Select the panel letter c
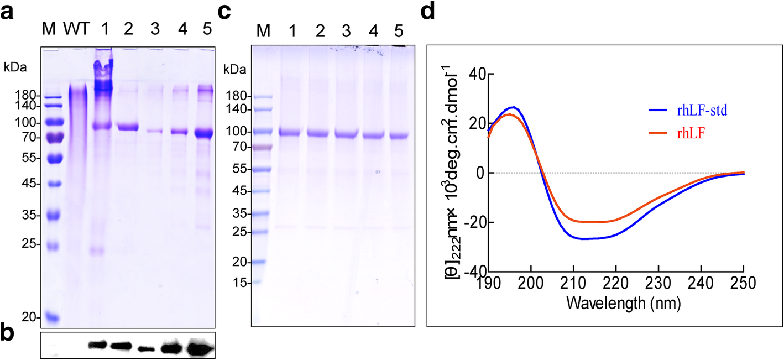[x=224, y=13]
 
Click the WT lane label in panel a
[x=76, y=28]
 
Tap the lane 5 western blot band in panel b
[x=200, y=349]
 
